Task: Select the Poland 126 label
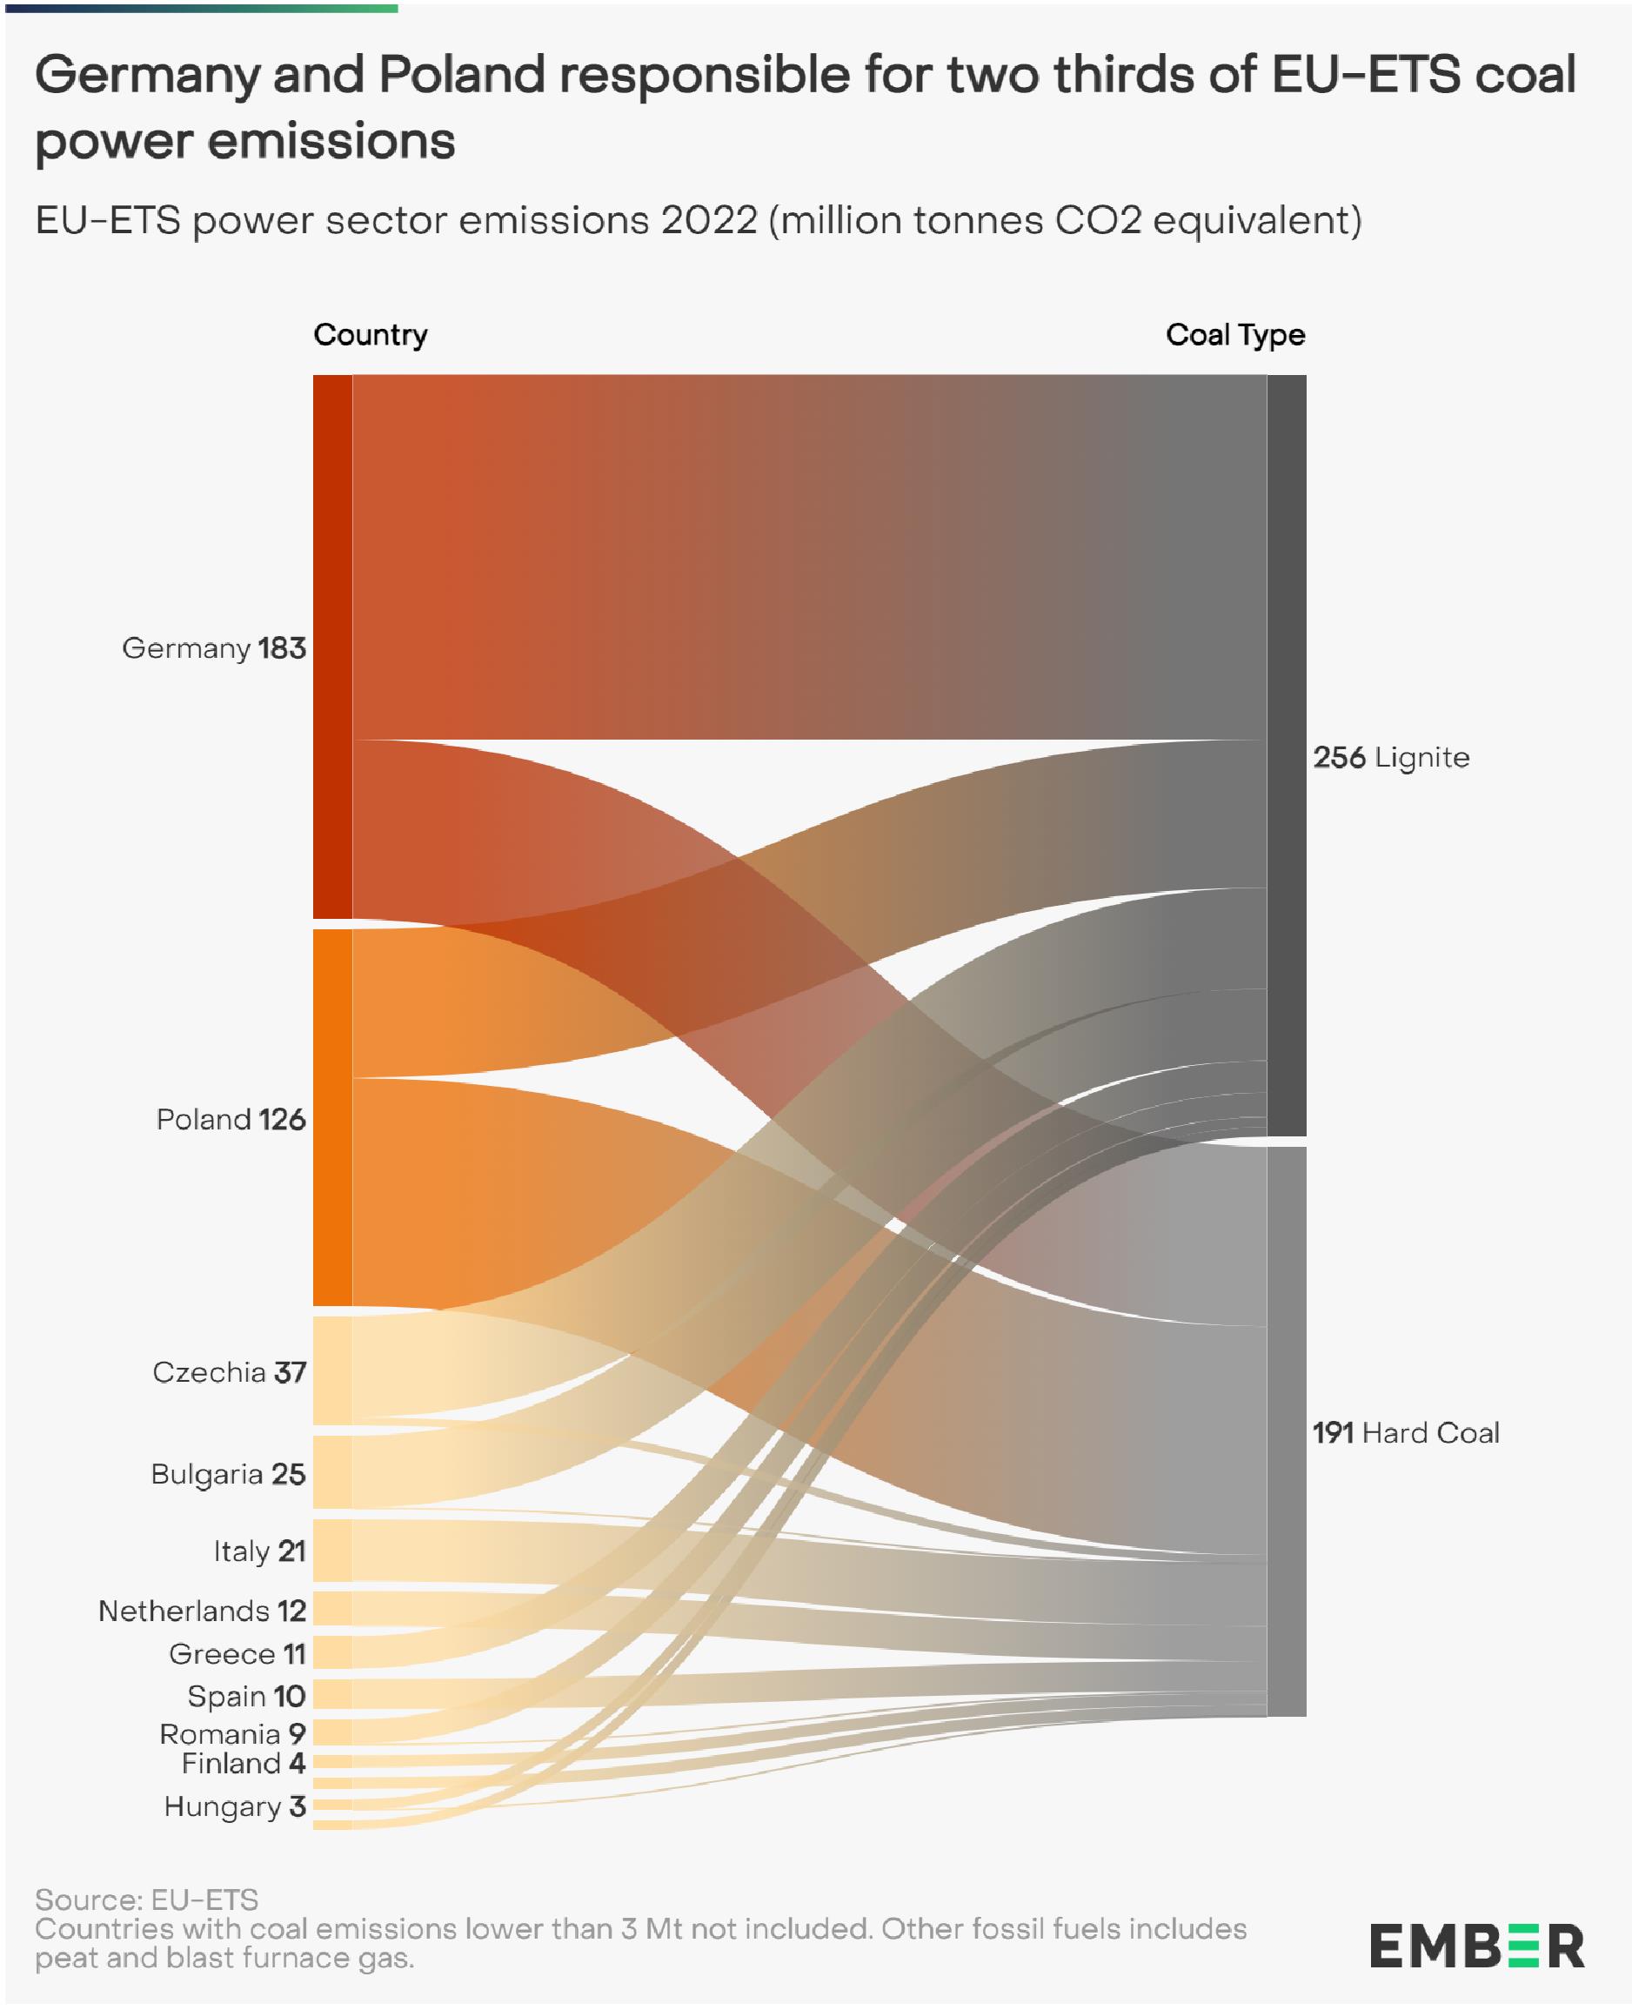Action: click(x=231, y=1119)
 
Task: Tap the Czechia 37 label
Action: click(x=230, y=1371)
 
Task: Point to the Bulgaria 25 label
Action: click(x=228, y=1473)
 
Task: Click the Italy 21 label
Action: click(x=259, y=1551)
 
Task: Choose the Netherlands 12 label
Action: click(x=202, y=1611)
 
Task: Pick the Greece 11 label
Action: click(x=237, y=1654)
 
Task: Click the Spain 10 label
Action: click(x=246, y=1696)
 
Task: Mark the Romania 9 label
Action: click(x=232, y=1733)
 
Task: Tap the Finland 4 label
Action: click(x=244, y=1763)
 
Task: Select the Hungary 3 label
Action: click(x=234, y=1806)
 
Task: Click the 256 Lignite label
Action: click(x=1390, y=757)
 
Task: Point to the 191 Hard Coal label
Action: click(x=1406, y=1432)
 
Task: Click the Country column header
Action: click(x=371, y=335)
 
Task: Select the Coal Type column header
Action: click(x=1234, y=335)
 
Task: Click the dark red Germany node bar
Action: click(x=333, y=646)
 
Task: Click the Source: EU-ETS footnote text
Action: click(x=147, y=1899)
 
